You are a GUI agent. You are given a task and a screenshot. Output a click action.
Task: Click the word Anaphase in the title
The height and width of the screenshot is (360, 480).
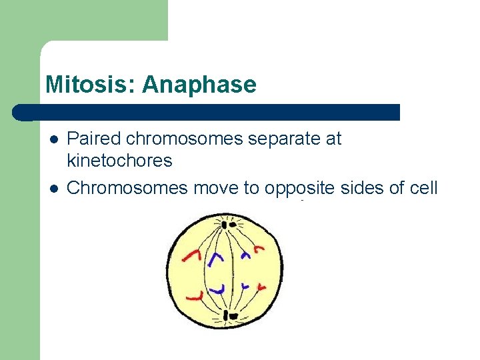(199, 85)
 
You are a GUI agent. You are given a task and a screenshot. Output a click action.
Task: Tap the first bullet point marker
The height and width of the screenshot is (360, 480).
(53, 139)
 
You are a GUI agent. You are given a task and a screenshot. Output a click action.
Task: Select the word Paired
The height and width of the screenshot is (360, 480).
(95, 139)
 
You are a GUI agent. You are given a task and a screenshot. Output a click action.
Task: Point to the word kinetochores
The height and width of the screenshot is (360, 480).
(119, 161)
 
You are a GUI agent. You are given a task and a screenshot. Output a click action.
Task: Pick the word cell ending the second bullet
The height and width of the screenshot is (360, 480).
(423, 189)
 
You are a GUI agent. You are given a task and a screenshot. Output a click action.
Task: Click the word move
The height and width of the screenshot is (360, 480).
(217, 189)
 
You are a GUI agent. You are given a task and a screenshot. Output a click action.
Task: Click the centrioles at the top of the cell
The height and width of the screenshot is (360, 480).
(229, 225)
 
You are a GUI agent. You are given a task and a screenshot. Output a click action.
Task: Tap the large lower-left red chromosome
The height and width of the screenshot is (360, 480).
(195, 295)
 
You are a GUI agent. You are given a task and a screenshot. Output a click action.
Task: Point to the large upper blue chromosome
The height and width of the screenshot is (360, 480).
(216, 259)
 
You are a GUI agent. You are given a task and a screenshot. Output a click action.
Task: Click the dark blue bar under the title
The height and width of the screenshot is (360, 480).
(207, 112)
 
